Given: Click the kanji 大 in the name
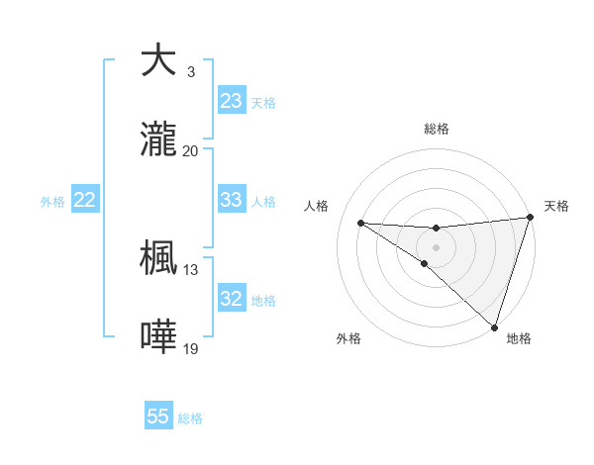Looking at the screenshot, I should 158,61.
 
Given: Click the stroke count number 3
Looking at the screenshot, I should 190,71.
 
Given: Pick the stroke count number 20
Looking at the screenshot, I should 190,150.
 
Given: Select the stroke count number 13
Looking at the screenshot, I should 190,269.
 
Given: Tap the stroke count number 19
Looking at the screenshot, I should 190,348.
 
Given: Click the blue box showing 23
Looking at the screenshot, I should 232,101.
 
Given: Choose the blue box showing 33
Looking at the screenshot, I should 232,200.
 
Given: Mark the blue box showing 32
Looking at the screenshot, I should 232,299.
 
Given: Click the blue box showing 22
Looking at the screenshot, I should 85,200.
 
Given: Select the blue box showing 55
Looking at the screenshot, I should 158,417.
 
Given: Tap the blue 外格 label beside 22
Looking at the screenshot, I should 52,201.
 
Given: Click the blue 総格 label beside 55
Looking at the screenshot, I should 190,418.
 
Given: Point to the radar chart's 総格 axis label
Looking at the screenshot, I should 436,129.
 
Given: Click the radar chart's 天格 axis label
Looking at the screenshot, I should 556,206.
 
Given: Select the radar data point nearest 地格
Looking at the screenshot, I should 494,326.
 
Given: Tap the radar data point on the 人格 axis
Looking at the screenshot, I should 360,222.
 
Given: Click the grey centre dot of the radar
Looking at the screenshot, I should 436,246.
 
